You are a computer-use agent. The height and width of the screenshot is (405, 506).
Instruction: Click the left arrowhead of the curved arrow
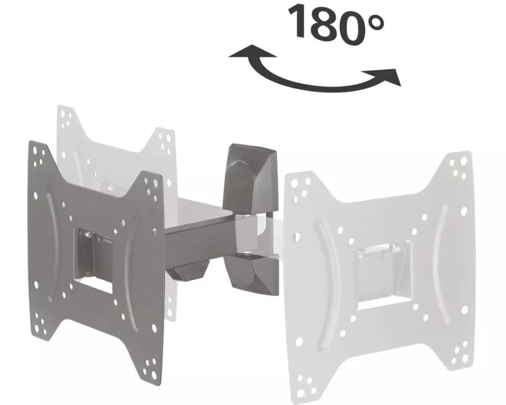click(249, 52)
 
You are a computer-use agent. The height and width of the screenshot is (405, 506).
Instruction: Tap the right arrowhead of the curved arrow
click(386, 77)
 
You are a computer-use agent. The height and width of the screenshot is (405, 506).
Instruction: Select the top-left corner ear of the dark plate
click(38, 154)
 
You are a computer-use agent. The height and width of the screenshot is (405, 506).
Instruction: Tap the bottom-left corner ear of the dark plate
click(40, 324)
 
